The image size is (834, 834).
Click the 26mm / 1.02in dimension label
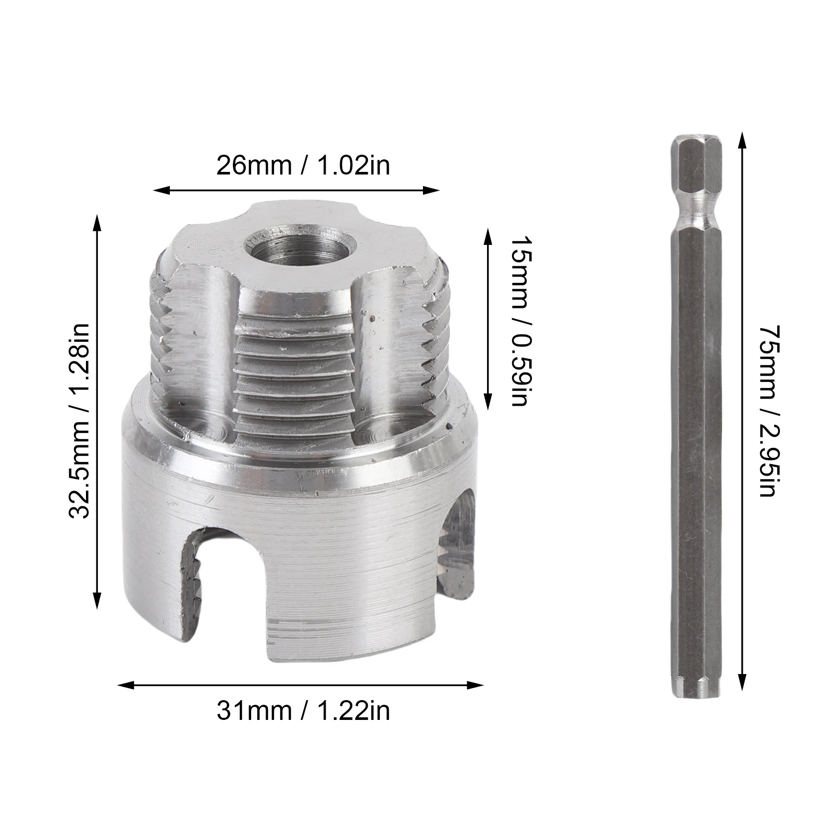click(303, 166)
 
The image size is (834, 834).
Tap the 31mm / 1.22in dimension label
click(303, 711)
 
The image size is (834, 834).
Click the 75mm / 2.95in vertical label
click(769, 411)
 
